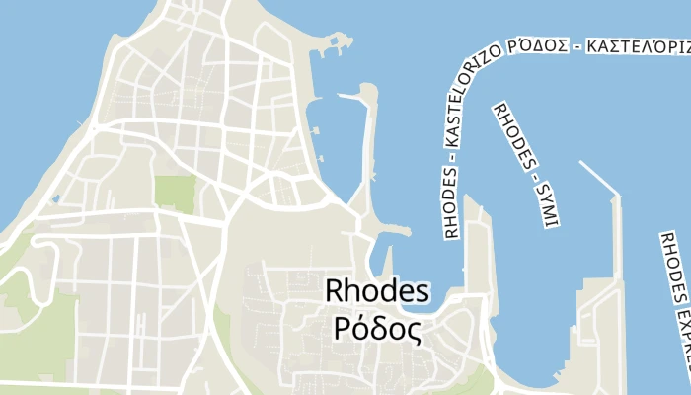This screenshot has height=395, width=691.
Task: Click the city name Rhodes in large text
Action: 378,292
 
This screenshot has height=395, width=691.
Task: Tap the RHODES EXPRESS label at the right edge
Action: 675,296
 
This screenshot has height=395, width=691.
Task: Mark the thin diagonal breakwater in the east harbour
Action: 598,179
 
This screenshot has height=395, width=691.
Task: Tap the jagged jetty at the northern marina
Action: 336,45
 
